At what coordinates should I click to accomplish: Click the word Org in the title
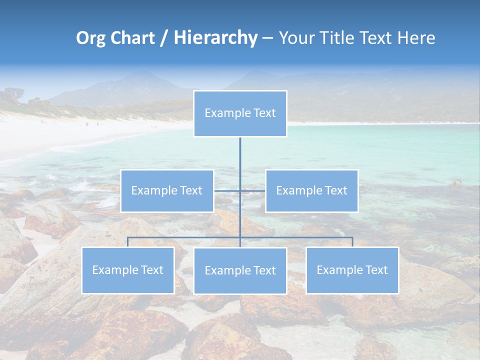coord(90,38)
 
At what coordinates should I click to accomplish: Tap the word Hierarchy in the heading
coord(215,38)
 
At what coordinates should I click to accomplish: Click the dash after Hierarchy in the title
coord(267,38)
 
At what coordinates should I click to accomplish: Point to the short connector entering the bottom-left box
coord(128,242)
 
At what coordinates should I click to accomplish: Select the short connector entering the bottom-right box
coord(352,242)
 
